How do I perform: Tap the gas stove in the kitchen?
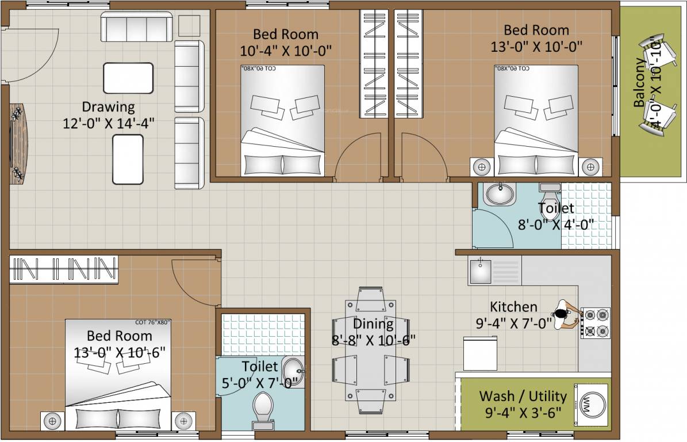[x=596, y=323]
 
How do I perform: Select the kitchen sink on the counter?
[x=479, y=270]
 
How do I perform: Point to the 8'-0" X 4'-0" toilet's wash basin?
[x=500, y=194]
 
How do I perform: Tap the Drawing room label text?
[x=108, y=107]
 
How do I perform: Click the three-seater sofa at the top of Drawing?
[x=136, y=26]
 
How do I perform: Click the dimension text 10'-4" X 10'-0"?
[x=286, y=51]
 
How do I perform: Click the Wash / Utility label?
[x=523, y=397]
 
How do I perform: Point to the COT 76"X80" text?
[x=153, y=323]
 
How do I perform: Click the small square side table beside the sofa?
[x=189, y=26]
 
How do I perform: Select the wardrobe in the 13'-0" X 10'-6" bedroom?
[x=63, y=269]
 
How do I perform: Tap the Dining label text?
[x=373, y=323]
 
